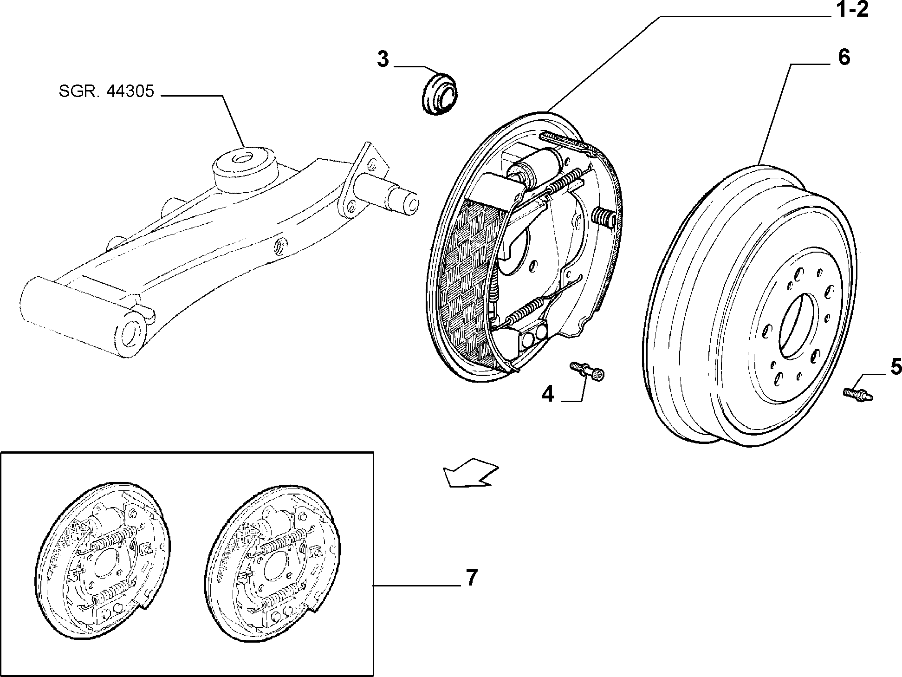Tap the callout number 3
pos(383,60)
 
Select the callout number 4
pos(548,395)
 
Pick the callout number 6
pos(844,58)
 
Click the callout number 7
pos(471,578)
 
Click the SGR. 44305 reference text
pos(106,91)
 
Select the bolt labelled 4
pos(587,372)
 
